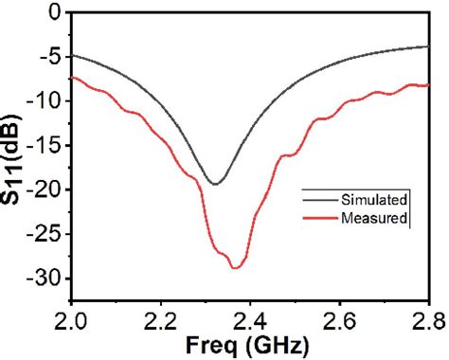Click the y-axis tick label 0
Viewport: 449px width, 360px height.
click(53, 13)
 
